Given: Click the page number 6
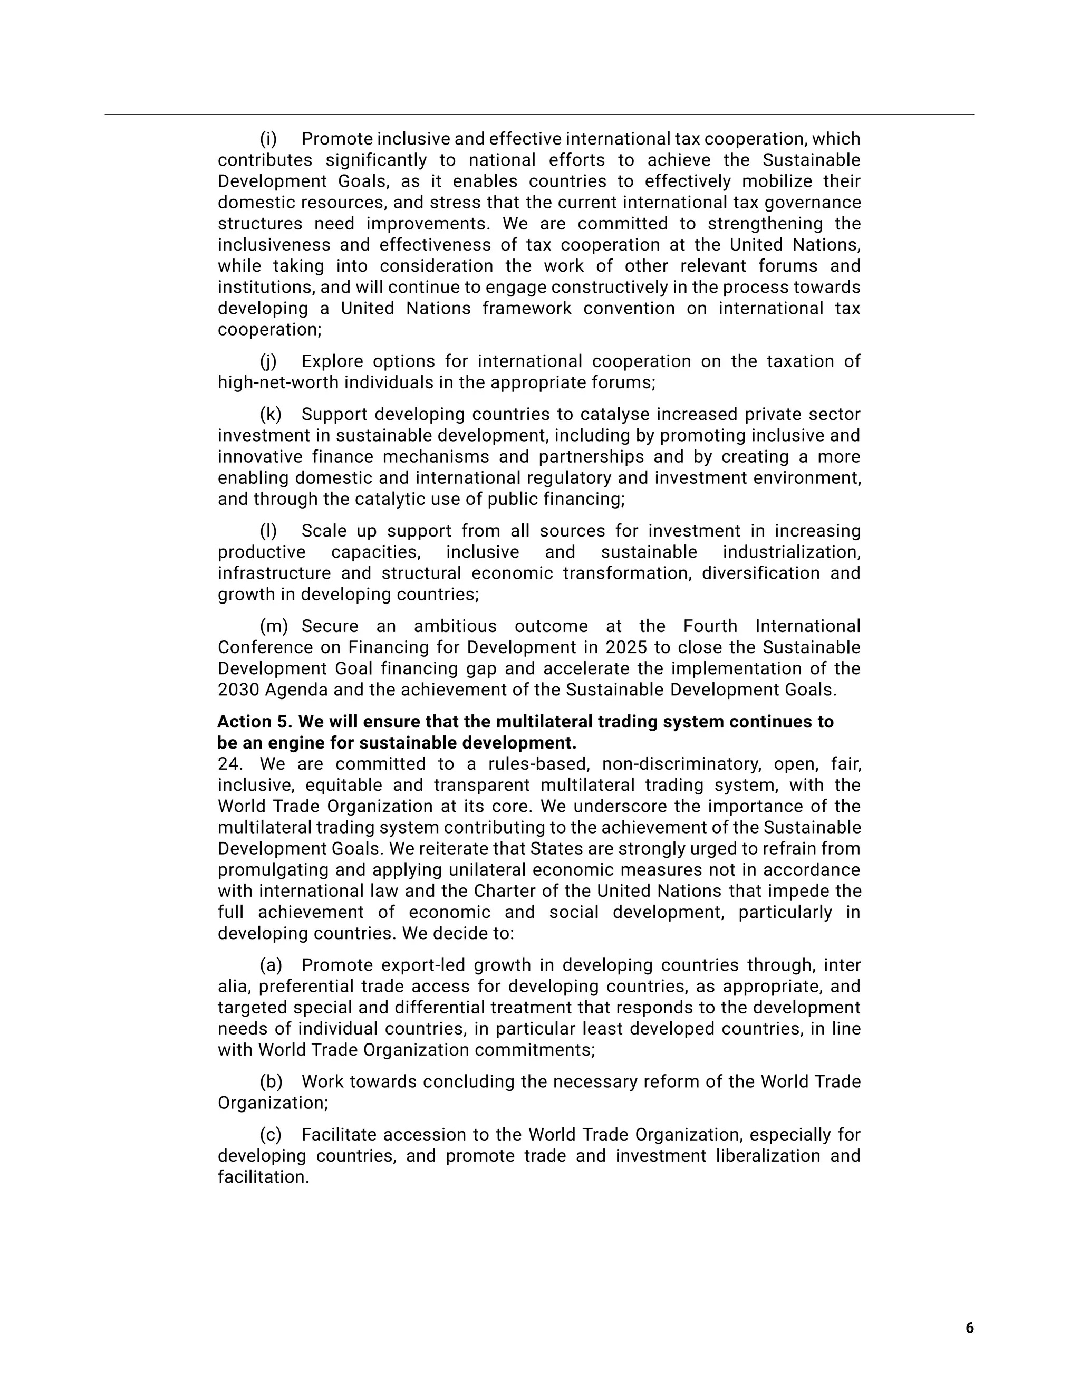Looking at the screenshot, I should [969, 1328].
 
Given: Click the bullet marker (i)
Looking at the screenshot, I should [268, 139].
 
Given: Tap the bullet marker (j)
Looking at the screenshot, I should [268, 362].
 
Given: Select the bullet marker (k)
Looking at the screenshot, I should [270, 415].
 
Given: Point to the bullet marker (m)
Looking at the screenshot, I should [274, 626].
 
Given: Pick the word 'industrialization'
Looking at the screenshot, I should [791, 552].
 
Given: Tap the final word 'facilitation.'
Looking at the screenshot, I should [263, 1177].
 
